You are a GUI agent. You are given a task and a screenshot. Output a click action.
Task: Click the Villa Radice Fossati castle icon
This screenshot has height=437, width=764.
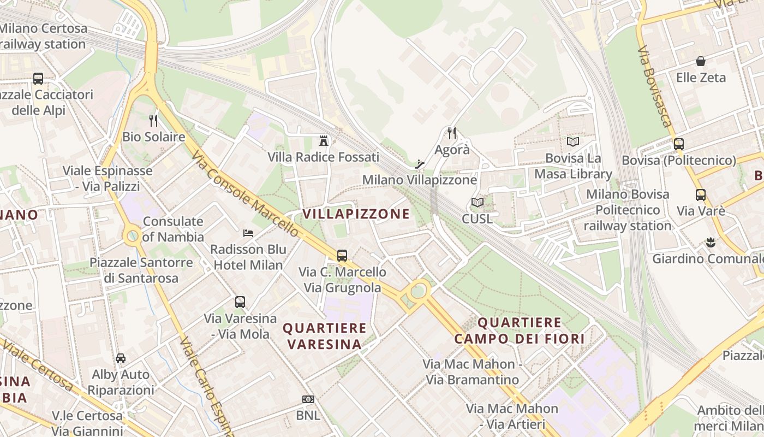tap(324, 141)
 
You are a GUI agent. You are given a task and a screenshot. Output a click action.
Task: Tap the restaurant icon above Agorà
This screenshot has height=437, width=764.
tap(452, 133)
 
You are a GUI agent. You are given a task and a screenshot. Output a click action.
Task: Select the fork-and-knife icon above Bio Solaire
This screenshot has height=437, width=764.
tap(153, 120)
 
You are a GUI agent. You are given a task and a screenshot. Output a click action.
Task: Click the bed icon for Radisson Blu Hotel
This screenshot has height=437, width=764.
tap(248, 233)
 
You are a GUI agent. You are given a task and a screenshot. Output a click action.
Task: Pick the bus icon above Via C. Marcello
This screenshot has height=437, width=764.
tap(342, 255)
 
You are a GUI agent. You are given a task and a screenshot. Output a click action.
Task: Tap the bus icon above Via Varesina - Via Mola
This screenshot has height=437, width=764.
tap(240, 302)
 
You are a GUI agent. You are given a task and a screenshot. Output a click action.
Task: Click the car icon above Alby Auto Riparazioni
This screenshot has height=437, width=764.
tap(121, 358)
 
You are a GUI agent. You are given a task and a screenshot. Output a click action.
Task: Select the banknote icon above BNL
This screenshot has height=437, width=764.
tap(308, 399)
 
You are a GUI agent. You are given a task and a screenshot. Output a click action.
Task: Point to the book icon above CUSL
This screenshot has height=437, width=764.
tap(477, 203)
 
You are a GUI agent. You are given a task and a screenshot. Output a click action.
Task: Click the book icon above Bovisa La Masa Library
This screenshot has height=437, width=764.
tap(573, 142)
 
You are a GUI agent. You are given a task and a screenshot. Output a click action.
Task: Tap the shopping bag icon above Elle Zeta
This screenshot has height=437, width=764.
tap(701, 61)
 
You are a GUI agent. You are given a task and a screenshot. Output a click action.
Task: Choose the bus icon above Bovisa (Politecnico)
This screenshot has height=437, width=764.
tap(679, 144)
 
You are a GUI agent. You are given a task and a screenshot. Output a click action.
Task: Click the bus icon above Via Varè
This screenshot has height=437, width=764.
tap(701, 194)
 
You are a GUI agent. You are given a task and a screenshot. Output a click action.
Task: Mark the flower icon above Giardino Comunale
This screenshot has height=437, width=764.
tap(711, 242)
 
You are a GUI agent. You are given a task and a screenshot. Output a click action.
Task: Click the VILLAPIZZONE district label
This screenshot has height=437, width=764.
tap(356, 214)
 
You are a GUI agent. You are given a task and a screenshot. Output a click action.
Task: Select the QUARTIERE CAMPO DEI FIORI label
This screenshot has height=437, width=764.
tap(519, 331)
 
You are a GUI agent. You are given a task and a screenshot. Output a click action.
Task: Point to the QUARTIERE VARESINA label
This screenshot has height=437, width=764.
tap(325, 336)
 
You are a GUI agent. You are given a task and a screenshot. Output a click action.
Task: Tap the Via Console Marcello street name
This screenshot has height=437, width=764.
tap(246, 194)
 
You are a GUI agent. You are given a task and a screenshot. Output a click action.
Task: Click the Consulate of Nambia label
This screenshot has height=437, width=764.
tap(173, 229)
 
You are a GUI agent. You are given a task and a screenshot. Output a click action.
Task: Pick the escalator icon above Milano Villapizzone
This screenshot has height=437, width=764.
tap(420, 163)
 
